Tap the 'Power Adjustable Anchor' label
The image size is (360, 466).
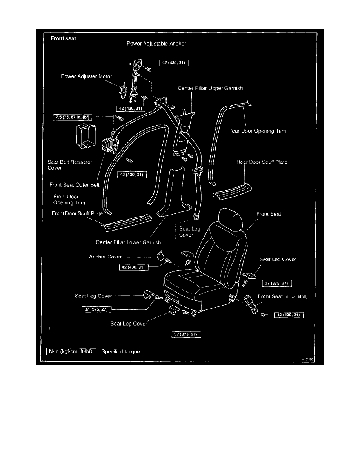click(156, 44)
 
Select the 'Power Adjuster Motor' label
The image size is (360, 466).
click(85, 76)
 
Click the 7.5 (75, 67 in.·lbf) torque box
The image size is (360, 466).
click(73, 116)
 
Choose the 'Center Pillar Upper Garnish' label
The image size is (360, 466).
click(211, 88)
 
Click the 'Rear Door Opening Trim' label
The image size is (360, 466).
click(257, 131)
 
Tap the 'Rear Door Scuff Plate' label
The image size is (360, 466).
click(262, 162)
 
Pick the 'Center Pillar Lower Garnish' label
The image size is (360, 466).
click(128, 242)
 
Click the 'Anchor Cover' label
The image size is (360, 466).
click(105, 257)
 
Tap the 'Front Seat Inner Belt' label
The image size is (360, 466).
click(282, 296)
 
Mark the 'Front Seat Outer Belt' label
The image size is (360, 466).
click(75, 184)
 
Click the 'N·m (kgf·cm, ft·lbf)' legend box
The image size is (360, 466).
click(71, 351)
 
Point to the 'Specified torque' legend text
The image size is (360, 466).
click(121, 351)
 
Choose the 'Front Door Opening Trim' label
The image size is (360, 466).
click(66, 200)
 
